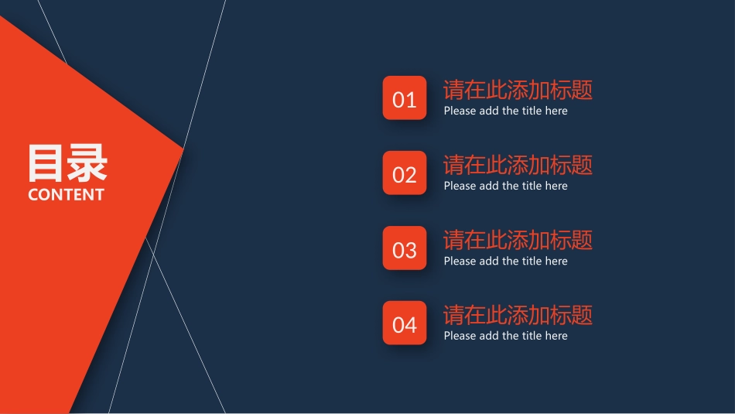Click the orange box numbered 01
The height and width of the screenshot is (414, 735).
pos(404,98)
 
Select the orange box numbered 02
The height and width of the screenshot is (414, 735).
pos(404,173)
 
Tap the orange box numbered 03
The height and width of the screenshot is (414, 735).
pos(404,248)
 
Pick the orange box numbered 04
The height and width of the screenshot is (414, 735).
pos(404,323)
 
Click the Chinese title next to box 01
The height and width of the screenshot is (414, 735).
pos(518,90)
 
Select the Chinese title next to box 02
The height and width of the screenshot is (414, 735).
pos(518,165)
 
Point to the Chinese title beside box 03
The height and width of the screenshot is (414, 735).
pos(518,240)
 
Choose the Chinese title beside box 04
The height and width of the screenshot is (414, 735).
pos(518,315)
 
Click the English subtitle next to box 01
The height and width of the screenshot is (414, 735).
pos(505,111)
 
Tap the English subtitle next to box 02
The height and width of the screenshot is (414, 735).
pos(505,186)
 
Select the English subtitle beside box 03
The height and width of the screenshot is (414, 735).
pos(505,261)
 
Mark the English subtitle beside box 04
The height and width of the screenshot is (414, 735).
pos(505,336)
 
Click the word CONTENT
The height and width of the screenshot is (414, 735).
pos(66,195)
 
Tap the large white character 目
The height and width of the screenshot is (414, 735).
pos(46,163)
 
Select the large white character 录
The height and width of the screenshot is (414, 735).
pos(87,163)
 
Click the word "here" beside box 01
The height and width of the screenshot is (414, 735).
pos(556,111)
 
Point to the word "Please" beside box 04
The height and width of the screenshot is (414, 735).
pos(460,336)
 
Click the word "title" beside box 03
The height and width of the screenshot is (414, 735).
pos(532,261)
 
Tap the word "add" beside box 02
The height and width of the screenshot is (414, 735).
pos(489,186)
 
